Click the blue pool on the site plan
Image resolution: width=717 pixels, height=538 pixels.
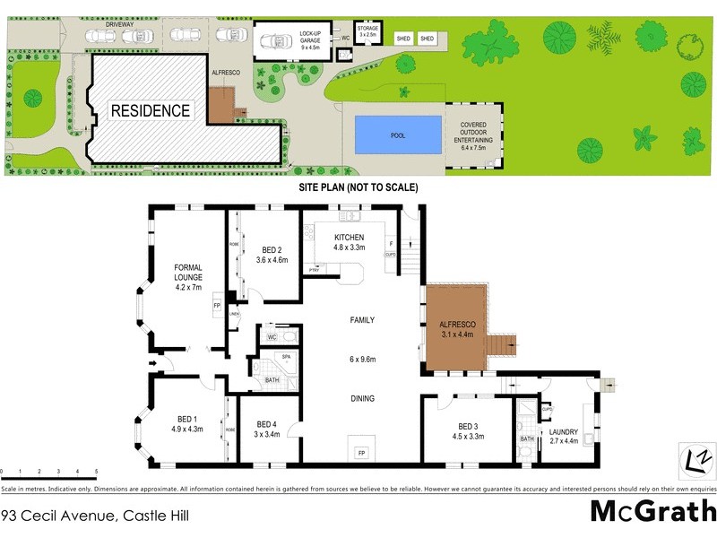(398, 135)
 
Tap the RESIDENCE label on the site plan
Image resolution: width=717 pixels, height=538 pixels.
(151, 111)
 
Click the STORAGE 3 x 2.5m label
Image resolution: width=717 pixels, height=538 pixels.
(367, 32)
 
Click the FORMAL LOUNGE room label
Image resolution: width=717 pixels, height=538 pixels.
(188, 277)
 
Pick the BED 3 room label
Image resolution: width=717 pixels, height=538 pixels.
(470, 432)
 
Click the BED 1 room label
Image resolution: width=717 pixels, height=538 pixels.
(186, 423)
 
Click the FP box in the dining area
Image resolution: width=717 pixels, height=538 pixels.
(361, 451)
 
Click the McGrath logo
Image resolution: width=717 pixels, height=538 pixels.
(652, 511)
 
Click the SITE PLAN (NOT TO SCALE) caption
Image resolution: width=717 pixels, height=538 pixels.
(358, 189)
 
